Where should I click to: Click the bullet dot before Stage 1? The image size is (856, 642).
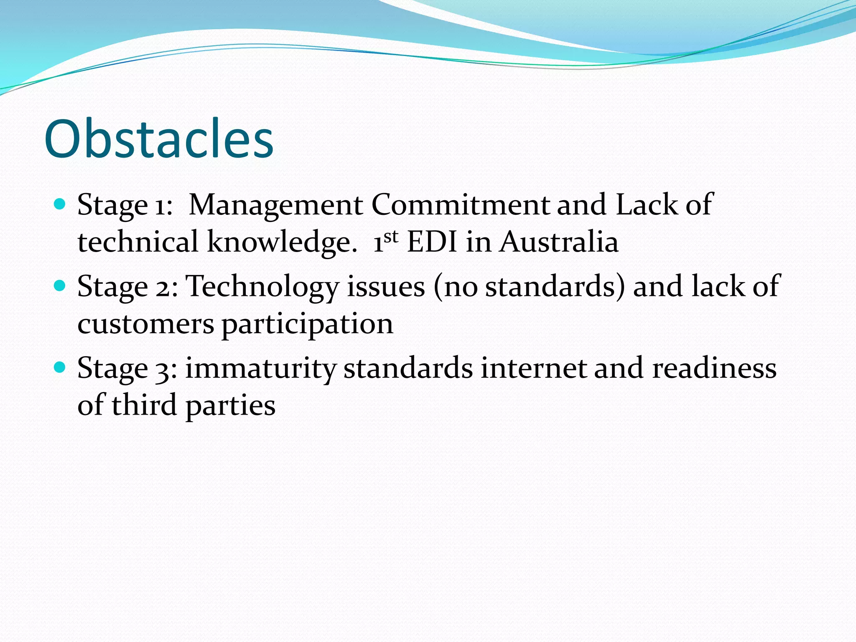point(60,204)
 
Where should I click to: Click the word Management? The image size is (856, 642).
point(276,206)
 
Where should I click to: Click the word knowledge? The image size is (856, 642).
point(282,242)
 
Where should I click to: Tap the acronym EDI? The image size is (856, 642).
point(432,242)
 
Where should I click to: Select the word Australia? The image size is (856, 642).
point(559,242)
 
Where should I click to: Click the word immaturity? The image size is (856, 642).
point(261,369)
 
